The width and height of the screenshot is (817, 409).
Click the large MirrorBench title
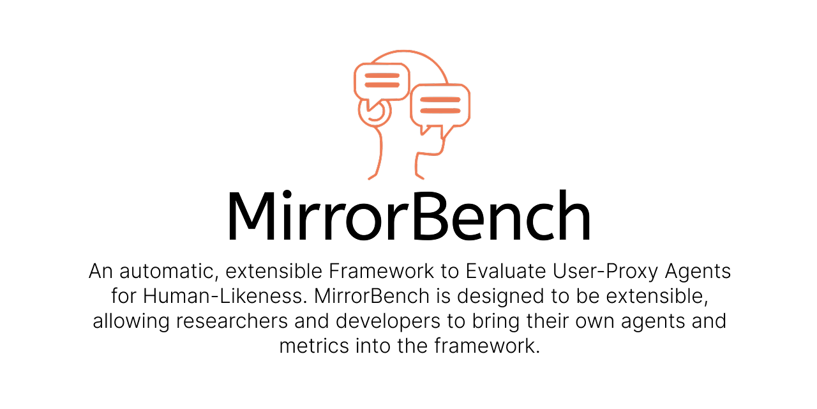(408, 215)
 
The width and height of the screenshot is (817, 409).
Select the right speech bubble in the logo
(440, 105)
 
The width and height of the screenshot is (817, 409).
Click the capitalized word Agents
(698, 272)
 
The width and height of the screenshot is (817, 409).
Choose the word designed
(497, 297)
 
